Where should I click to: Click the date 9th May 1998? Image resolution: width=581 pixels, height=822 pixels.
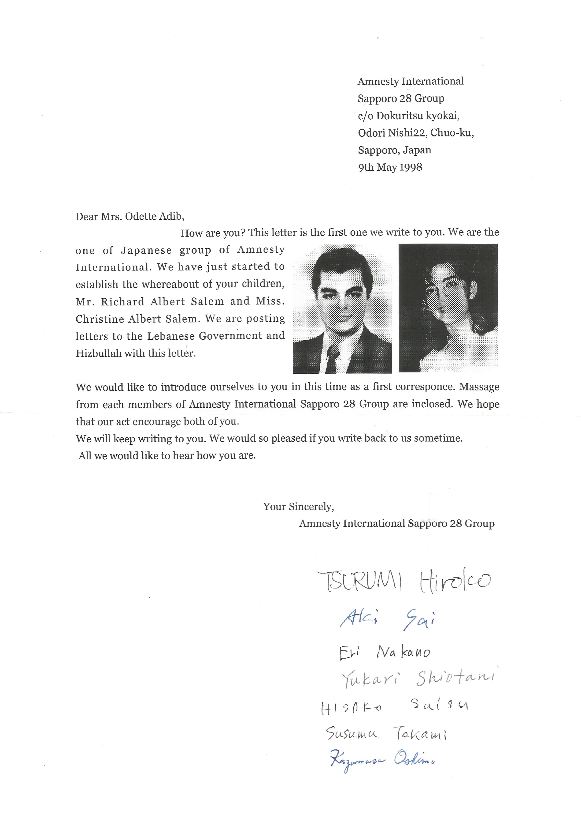coord(390,167)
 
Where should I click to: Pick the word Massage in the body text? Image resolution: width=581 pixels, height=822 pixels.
coord(479,387)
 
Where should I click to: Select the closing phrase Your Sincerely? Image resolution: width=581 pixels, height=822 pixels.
coord(298,507)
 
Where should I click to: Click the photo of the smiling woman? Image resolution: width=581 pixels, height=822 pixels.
coord(448,308)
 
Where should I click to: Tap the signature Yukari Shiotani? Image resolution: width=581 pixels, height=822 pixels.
coord(418,678)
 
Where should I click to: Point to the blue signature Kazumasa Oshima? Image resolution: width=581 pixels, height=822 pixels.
coord(382,760)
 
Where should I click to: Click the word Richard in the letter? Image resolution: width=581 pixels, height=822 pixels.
coord(122,302)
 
